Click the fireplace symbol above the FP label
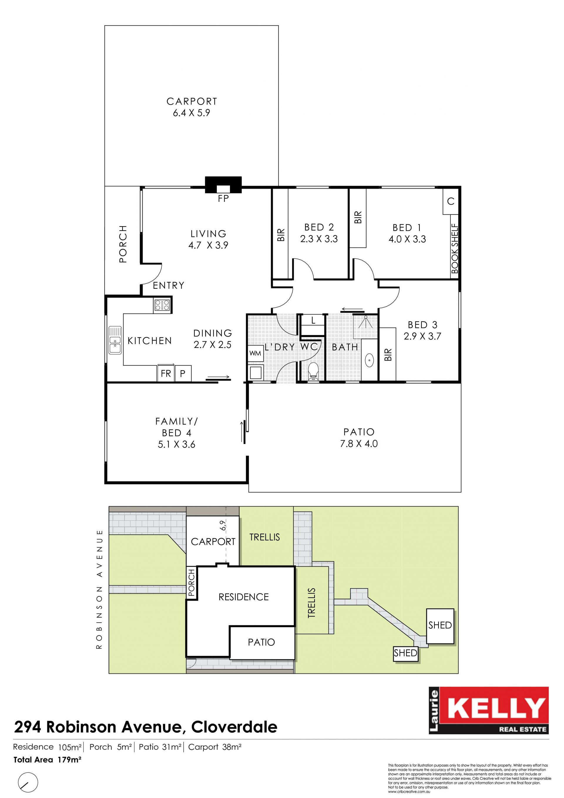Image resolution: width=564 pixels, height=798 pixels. [223, 185]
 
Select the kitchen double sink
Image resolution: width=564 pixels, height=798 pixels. [115, 340]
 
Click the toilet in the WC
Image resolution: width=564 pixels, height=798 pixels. [313, 371]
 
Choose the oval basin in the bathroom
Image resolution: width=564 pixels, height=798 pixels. [369, 361]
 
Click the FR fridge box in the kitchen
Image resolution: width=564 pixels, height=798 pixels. [166, 373]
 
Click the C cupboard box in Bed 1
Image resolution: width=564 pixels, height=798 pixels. [451, 201]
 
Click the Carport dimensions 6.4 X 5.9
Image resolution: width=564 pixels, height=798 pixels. [192, 113]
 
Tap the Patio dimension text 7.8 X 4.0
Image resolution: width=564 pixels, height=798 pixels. [359, 443]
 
